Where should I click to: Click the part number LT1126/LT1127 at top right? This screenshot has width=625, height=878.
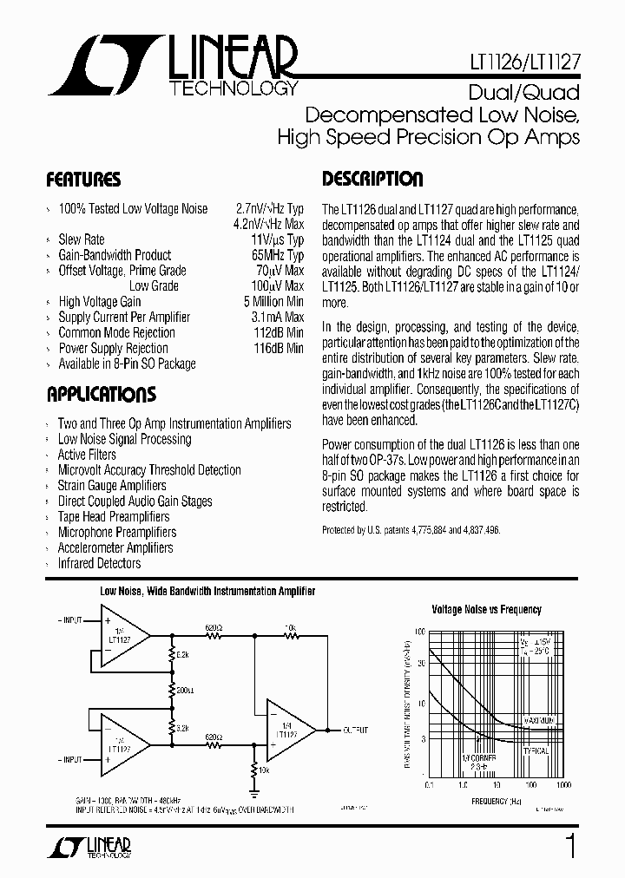530,63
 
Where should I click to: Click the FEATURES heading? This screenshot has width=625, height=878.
83,180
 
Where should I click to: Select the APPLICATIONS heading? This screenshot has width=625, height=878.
101,395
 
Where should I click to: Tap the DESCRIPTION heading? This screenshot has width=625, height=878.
372,180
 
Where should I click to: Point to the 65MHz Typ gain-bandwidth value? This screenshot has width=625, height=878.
277,255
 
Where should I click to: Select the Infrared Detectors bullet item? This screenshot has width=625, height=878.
99,564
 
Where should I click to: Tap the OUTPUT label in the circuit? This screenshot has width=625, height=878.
355,731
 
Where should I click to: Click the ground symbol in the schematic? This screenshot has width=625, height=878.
253,791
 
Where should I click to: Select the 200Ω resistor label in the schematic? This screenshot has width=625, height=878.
183,691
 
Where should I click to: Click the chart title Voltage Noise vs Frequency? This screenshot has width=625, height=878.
486,610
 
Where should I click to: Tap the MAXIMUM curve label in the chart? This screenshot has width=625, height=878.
544,720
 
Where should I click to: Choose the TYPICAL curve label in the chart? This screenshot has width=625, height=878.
536,751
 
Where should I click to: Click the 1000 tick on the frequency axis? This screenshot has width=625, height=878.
563,784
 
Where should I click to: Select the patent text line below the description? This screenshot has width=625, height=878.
411,530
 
